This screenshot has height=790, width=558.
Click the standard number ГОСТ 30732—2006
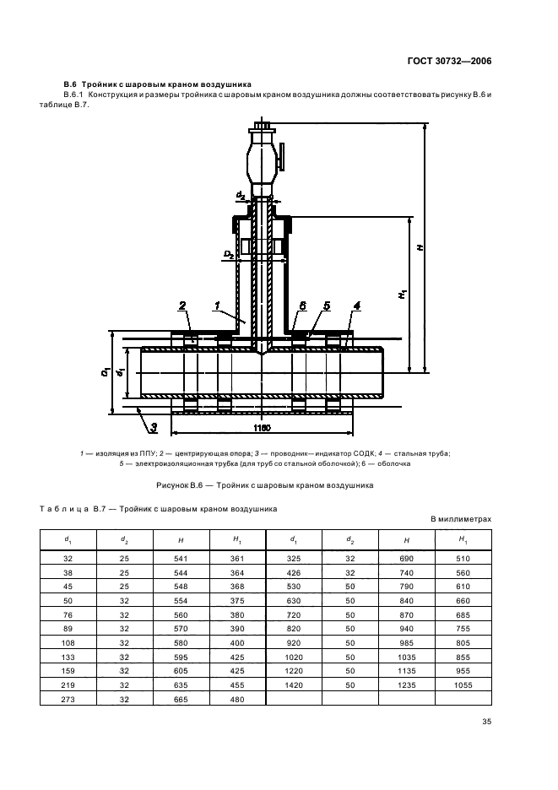click(x=448, y=62)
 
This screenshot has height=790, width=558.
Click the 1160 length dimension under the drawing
click(x=262, y=428)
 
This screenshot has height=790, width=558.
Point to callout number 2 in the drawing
click(x=182, y=306)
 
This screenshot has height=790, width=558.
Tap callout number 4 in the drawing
click(x=357, y=306)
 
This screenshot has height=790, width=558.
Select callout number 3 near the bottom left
click(x=154, y=428)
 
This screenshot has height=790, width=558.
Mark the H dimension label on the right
click(x=420, y=247)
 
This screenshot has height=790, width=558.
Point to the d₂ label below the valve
click(x=241, y=195)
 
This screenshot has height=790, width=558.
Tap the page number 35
click(x=486, y=722)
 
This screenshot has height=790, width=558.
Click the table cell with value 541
click(x=181, y=558)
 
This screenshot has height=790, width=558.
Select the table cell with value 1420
click(x=294, y=684)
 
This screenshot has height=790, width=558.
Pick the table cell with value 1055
click(x=463, y=684)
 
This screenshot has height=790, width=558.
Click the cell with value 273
click(x=68, y=699)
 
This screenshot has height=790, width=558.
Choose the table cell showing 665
click(x=181, y=699)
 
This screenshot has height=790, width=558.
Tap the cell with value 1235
click(x=406, y=684)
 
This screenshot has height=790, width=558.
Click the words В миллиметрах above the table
click(x=461, y=519)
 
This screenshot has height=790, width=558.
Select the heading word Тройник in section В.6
click(x=98, y=84)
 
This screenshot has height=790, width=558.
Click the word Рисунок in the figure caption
click(x=172, y=485)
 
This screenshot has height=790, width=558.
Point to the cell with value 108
click(x=68, y=643)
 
